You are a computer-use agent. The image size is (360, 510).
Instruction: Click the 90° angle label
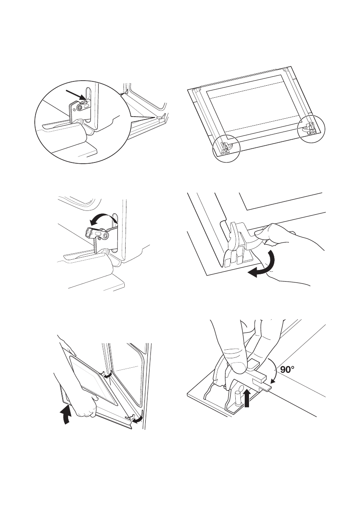point(288,369)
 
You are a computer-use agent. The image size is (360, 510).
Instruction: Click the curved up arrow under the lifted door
point(67,414)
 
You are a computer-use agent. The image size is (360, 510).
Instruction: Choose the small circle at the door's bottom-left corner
point(226,149)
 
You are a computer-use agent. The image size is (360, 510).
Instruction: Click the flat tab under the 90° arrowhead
point(264,387)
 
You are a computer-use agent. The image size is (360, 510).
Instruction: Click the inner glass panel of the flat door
point(253,107)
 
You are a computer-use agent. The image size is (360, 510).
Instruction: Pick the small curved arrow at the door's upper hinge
point(109,376)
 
